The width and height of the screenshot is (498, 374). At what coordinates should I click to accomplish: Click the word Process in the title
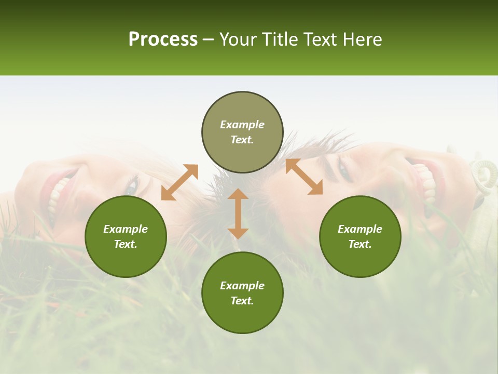coord(163,39)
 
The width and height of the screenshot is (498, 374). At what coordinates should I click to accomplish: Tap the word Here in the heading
coord(363,39)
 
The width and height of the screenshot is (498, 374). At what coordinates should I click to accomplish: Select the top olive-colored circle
coord(242,132)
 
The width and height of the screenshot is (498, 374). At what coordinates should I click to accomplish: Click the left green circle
coord(126,236)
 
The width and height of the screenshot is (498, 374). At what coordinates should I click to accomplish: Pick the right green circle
coord(360,236)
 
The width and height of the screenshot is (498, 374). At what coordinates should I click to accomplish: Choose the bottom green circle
coord(242,293)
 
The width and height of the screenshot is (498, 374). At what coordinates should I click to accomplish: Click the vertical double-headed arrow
coord(238,213)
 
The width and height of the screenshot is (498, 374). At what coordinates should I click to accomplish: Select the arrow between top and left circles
coord(179,182)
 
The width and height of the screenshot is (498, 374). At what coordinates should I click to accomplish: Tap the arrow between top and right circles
coord(304,177)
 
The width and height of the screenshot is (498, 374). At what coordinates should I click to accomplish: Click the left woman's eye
coord(133,184)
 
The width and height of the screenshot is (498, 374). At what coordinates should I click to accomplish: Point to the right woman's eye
coord(344,170)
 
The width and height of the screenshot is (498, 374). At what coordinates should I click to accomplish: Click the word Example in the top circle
coord(242,125)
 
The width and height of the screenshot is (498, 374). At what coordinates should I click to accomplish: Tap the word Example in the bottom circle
coord(242,286)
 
